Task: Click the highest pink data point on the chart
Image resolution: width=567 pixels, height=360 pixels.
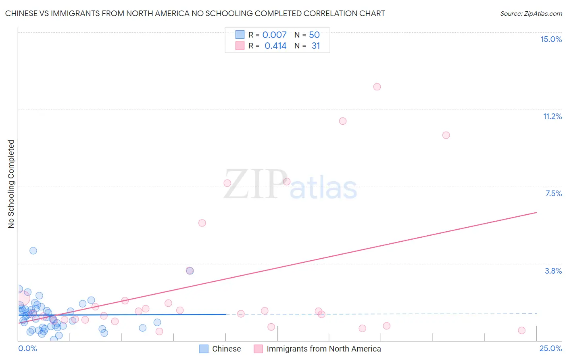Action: click(x=377, y=87)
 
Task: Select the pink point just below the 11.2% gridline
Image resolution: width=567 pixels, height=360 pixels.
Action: click(x=343, y=121)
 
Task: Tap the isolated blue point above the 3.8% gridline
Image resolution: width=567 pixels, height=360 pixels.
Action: click(x=33, y=251)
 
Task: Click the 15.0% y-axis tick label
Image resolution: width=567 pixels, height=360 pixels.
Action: click(x=551, y=39)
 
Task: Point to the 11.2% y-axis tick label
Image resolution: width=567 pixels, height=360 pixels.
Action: click(x=552, y=116)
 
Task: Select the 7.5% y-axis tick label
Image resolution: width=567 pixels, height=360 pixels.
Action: click(x=553, y=193)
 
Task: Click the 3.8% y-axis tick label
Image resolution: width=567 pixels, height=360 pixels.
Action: click(x=553, y=271)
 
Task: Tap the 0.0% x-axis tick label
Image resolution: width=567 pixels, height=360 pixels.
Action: click(x=28, y=348)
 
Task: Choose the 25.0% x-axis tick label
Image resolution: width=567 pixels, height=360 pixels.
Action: click(x=550, y=348)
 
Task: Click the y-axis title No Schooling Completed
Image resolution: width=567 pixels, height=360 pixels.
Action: click(x=11, y=184)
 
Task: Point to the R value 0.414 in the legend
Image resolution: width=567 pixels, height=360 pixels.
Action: click(x=275, y=46)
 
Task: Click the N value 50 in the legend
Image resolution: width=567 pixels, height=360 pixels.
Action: click(x=314, y=35)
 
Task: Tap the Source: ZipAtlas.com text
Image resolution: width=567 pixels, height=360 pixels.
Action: click(x=531, y=14)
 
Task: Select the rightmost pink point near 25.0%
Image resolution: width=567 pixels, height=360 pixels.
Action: click(x=521, y=331)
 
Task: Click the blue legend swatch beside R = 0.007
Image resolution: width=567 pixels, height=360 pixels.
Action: click(x=240, y=35)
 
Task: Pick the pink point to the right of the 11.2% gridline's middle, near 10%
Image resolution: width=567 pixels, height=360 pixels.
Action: click(x=446, y=135)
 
